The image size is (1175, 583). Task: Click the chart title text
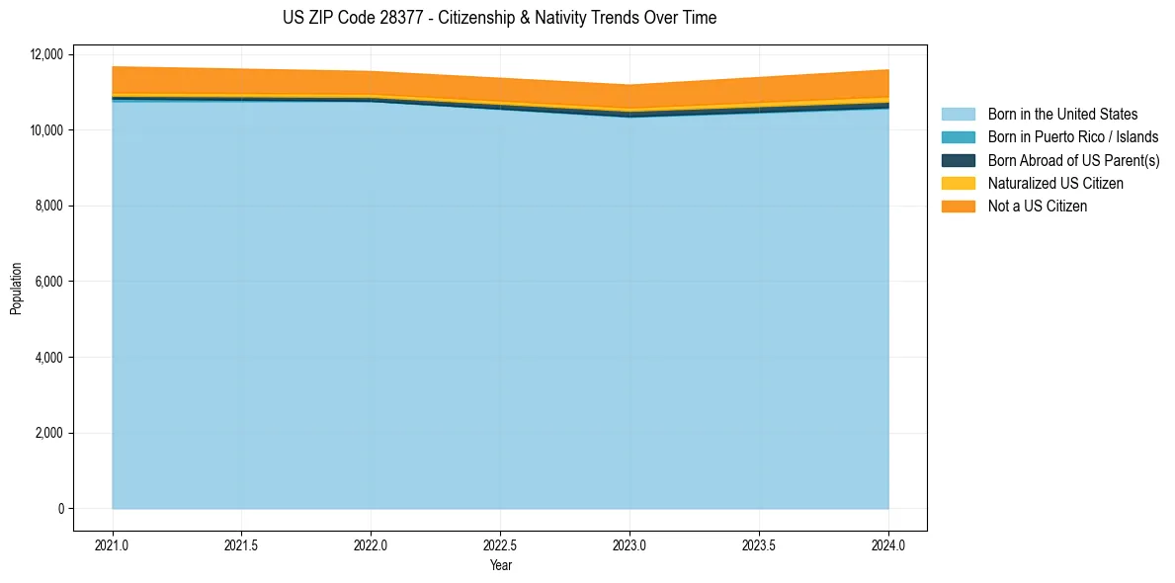[499, 18]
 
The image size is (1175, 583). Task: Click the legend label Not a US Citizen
[1038, 207]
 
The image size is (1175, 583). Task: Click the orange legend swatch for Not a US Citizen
[958, 207]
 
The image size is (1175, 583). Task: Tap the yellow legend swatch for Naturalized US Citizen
[958, 184]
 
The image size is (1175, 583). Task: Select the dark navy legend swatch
[958, 160]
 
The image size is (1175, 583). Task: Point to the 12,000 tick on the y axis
[46, 54]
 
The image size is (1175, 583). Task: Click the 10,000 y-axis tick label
[46, 130]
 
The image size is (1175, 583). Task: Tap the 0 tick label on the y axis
[60, 509]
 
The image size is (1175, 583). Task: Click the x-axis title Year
[500, 566]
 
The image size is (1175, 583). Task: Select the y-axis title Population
[16, 289]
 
